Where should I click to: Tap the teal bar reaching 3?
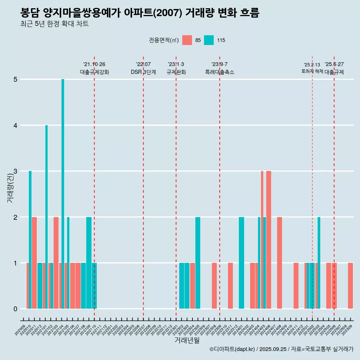point(30,240)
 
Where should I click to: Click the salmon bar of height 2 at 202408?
point(279,263)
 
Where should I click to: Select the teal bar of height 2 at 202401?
point(241,263)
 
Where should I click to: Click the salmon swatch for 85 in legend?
point(187,40)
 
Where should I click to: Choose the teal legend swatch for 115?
point(209,40)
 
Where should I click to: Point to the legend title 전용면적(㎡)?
point(164,40)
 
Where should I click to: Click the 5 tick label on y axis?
point(15,79)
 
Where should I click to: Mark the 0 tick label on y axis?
point(15,309)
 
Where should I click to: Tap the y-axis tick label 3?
point(15,171)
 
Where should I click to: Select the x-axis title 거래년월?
point(187,340)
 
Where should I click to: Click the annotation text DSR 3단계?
point(143,72)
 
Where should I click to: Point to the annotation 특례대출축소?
point(219,72)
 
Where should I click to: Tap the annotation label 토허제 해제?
point(312,71)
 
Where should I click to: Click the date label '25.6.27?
point(334,64)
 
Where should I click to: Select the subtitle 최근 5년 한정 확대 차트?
point(54,24)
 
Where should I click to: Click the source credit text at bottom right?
point(281,349)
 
